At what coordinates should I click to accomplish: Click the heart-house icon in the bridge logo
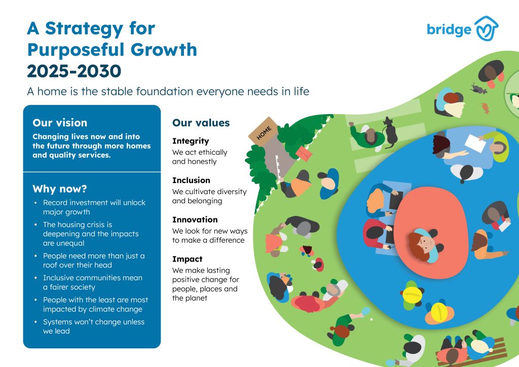pyautogui.click(x=486, y=28)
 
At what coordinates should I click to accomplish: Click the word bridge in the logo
pyautogui.click(x=449, y=29)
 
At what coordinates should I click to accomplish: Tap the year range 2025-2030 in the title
pyautogui.click(x=74, y=71)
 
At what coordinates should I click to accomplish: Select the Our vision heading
pyautogui.click(x=60, y=123)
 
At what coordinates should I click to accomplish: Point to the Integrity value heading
pyautogui.click(x=191, y=141)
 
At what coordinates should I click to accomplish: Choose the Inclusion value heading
pyautogui.click(x=191, y=180)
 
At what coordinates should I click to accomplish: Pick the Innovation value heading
pyautogui.click(x=195, y=219)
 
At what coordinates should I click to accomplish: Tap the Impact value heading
pyautogui.click(x=187, y=259)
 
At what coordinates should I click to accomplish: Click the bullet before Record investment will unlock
pyautogui.click(x=35, y=203)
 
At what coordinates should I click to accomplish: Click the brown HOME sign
pyautogui.click(x=264, y=130)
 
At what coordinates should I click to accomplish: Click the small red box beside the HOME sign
pyautogui.click(x=304, y=153)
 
